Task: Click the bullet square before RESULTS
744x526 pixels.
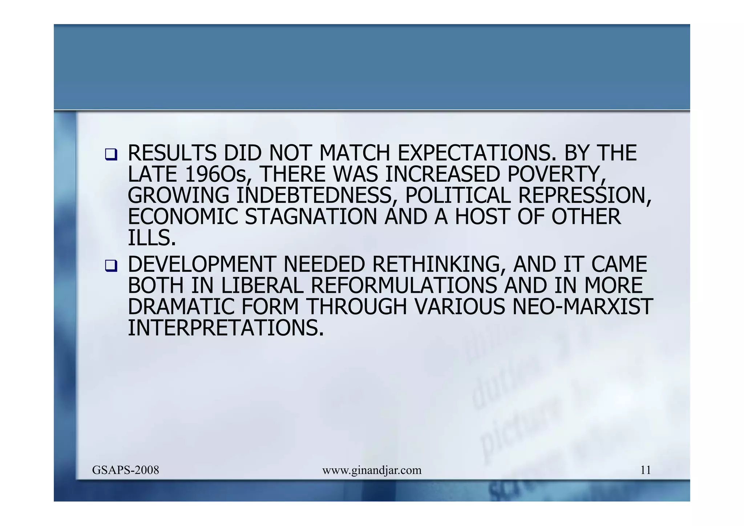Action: [111, 155]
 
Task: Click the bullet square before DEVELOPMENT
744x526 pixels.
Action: [111, 266]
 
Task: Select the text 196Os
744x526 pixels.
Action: [216, 174]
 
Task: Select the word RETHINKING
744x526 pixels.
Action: [438, 264]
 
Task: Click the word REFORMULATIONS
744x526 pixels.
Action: [404, 286]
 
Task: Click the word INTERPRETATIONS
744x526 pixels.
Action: [225, 328]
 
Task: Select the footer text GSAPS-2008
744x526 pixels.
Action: [125, 470]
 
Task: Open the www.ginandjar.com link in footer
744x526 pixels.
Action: [372, 470]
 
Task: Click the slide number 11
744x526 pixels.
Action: [645, 470]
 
